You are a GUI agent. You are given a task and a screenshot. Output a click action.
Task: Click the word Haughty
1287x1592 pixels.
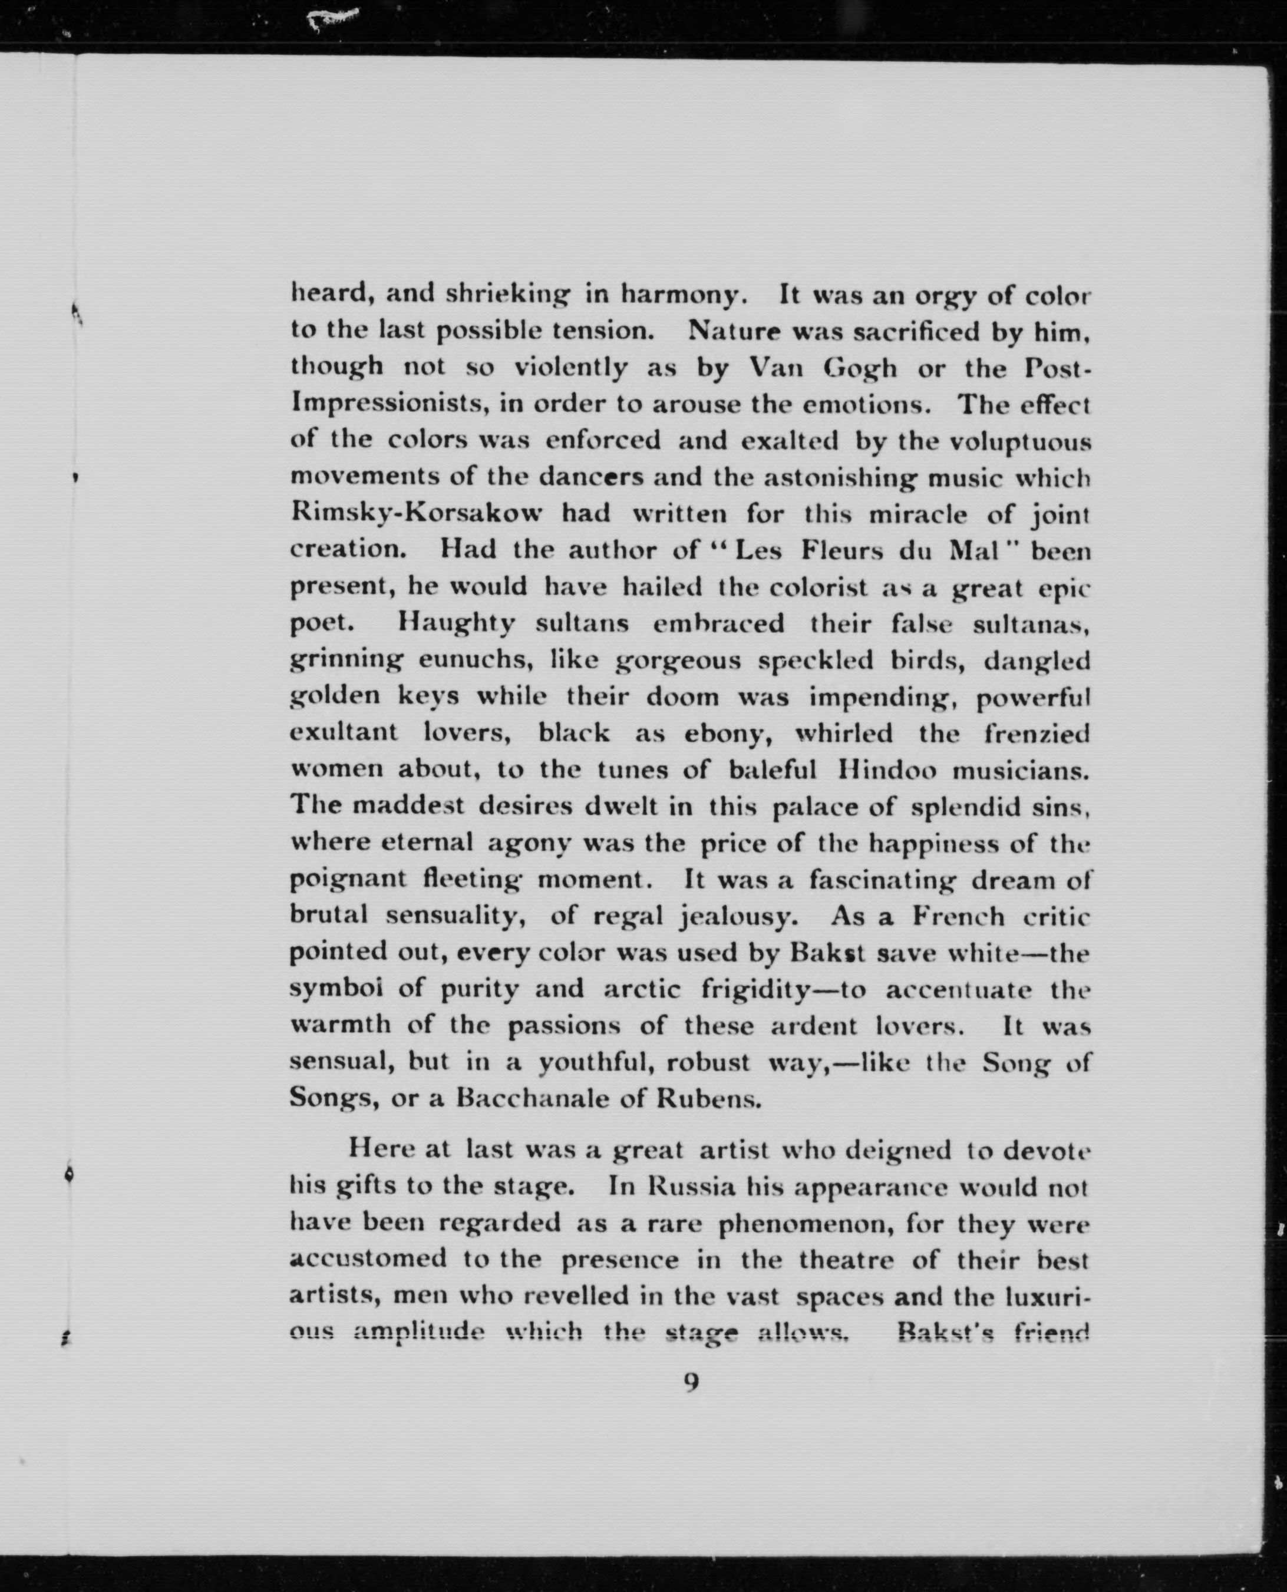pyautogui.click(x=455, y=623)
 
